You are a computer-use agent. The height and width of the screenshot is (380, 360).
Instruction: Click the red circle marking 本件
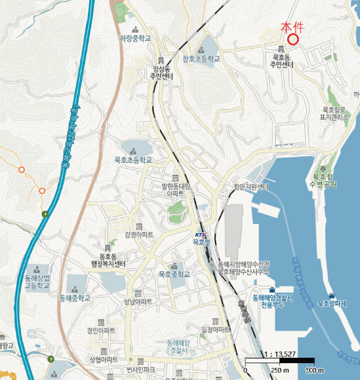click(293, 39)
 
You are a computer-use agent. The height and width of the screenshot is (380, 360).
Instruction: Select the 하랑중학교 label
click(135, 39)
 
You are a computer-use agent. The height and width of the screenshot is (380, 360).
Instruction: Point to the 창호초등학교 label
click(201, 59)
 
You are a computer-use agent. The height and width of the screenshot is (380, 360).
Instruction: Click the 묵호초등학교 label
click(133, 160)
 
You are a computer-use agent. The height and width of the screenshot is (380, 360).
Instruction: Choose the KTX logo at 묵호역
click(200, 235)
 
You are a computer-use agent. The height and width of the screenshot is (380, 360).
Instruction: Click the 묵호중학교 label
click(174, 275)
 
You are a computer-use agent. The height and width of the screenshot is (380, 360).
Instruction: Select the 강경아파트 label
click(139, 235)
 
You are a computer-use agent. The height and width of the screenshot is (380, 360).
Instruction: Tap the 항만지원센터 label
click(251, 187)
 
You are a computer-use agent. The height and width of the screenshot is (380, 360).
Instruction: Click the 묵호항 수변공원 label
click(324, 180)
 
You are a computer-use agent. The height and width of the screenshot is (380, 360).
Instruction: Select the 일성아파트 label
click(216, 329)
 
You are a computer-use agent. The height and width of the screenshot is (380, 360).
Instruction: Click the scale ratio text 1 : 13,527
click(279, 354)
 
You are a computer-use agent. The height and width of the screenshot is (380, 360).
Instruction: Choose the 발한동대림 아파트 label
click(175, 189)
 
